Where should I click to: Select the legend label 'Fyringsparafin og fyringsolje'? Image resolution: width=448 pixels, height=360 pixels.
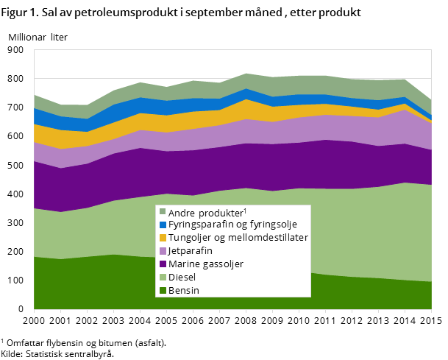[232, 225]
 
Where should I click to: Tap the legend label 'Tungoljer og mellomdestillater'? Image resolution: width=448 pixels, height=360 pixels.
[238, 238]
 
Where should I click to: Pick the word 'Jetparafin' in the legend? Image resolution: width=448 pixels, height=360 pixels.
[191, 251]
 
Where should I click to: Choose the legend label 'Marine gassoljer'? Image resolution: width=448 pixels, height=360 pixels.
[205, 264]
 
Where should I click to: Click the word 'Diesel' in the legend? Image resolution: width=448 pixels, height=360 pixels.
[182, 277]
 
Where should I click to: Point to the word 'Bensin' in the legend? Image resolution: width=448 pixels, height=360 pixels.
[184, 290]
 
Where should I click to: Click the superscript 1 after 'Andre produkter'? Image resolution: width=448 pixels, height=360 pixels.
[245, 210]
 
